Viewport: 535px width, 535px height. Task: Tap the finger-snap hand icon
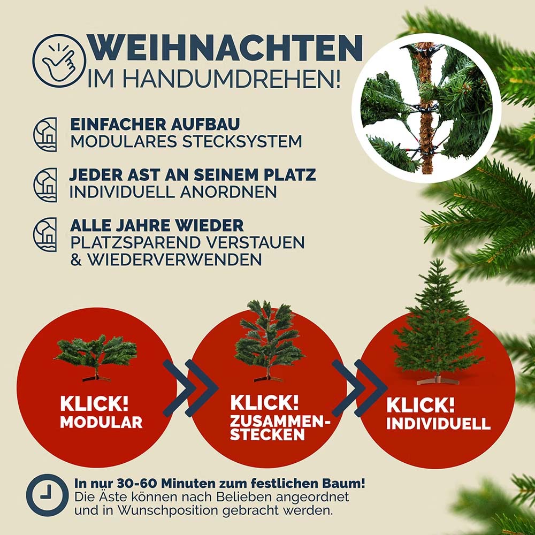pyautogui.click(x=59, y=61)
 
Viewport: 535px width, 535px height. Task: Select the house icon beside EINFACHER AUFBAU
pyautogui.click(x=45, y=134)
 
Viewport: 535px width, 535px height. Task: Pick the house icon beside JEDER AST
pyautogui.click(x=45, y=185)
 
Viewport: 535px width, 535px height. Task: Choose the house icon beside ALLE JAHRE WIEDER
pyautogui.click(x=45, y=235)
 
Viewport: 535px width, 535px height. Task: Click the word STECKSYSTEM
pyautogui.click(x=242, y=141)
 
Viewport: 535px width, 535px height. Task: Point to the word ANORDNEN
pyautogui.click(x=228, y=192)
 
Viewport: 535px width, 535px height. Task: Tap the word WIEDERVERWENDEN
pyautogui.click(x=174, y=259)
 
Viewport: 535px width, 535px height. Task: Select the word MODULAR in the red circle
pyautogui.click(x=101, y=422)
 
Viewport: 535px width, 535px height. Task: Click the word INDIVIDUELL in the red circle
pyautogui.click(x=438, y=423)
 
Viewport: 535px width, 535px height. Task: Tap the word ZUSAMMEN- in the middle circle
pyautogui.click(x=280, y=422)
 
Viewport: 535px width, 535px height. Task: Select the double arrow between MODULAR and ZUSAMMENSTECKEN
pyautogui.click(x=190, y=388)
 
